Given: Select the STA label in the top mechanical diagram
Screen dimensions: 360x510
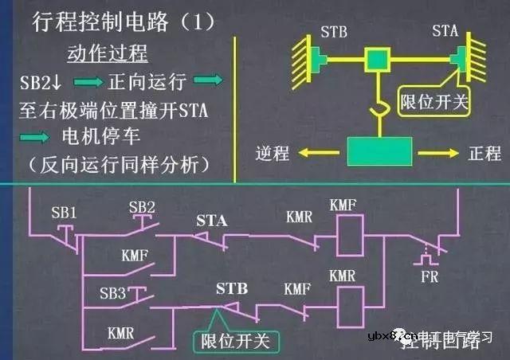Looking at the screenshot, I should coord(445,33).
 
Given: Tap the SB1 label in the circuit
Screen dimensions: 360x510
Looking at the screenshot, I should coord(65,214).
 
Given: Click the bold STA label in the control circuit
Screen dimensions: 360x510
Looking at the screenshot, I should coord(212,220).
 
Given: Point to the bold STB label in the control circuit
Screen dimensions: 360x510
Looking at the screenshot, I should coord(231,288).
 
